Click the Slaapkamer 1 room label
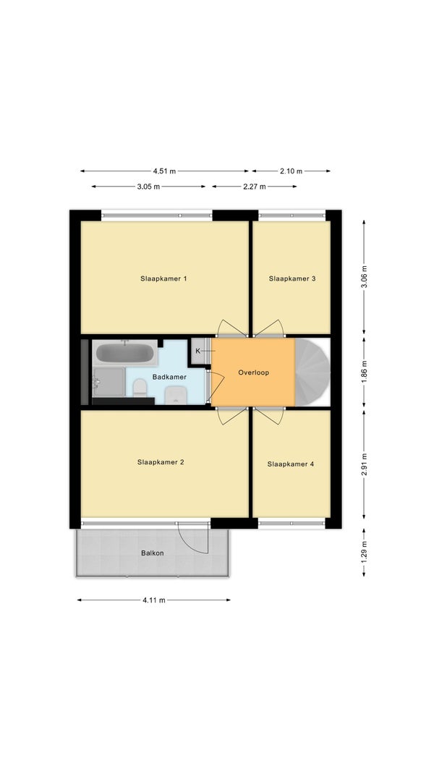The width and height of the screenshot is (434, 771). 163,278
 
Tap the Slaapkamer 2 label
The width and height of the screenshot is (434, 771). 161,462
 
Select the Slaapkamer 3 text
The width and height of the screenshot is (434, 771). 292,278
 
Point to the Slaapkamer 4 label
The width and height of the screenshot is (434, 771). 291,464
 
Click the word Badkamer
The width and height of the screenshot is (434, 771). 169,377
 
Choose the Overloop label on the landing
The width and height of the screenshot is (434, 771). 254,372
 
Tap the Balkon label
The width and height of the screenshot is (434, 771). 153,553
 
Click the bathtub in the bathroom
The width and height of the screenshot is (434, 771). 125,353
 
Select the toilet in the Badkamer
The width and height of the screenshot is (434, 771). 140,388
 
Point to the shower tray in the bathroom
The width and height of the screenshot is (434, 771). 109,382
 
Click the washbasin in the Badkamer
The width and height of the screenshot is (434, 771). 175,395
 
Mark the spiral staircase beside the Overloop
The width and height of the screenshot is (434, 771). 312,372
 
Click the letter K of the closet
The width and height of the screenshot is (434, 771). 197,351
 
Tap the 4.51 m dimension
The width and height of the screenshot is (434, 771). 164,171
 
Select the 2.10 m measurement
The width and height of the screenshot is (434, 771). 292,171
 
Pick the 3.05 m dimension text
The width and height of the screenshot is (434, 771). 148,187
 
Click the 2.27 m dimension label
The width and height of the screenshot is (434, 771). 255,187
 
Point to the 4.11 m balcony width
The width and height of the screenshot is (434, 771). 154,600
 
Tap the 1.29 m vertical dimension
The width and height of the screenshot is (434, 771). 365,551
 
